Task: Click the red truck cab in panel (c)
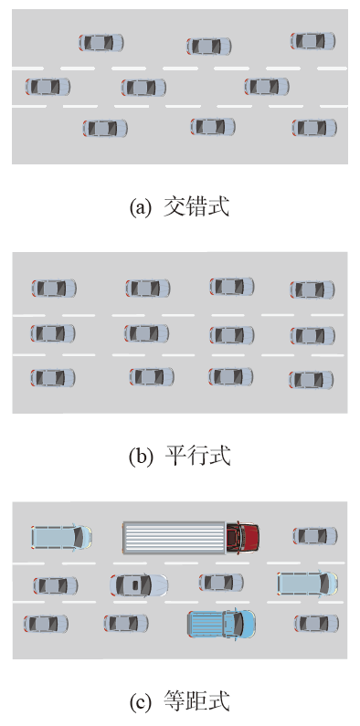click(242, 537)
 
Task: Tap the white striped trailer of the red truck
click(174, 537)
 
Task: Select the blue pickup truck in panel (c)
click(221, 624)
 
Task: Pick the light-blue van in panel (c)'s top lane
click(61, 537)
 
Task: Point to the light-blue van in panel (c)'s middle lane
click(308, 584)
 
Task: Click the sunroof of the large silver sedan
click(135, 585)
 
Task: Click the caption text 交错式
click(196, 207)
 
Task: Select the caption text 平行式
click(197, 456)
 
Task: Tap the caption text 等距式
click(196, 701)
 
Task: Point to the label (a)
click(141, 207)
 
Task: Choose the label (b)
click(141, 457)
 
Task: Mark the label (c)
click(140, 701)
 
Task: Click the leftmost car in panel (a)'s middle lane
click(48, 87)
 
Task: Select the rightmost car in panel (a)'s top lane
click(313, 41)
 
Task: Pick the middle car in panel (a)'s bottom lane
click(213, 126)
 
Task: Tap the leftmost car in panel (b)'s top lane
click(54, 288)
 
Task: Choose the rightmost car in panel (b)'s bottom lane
click(312, 380)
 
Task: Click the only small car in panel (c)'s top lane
click(315, 536)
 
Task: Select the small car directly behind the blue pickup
click(126, 623)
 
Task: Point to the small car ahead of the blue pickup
click(316, 623)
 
